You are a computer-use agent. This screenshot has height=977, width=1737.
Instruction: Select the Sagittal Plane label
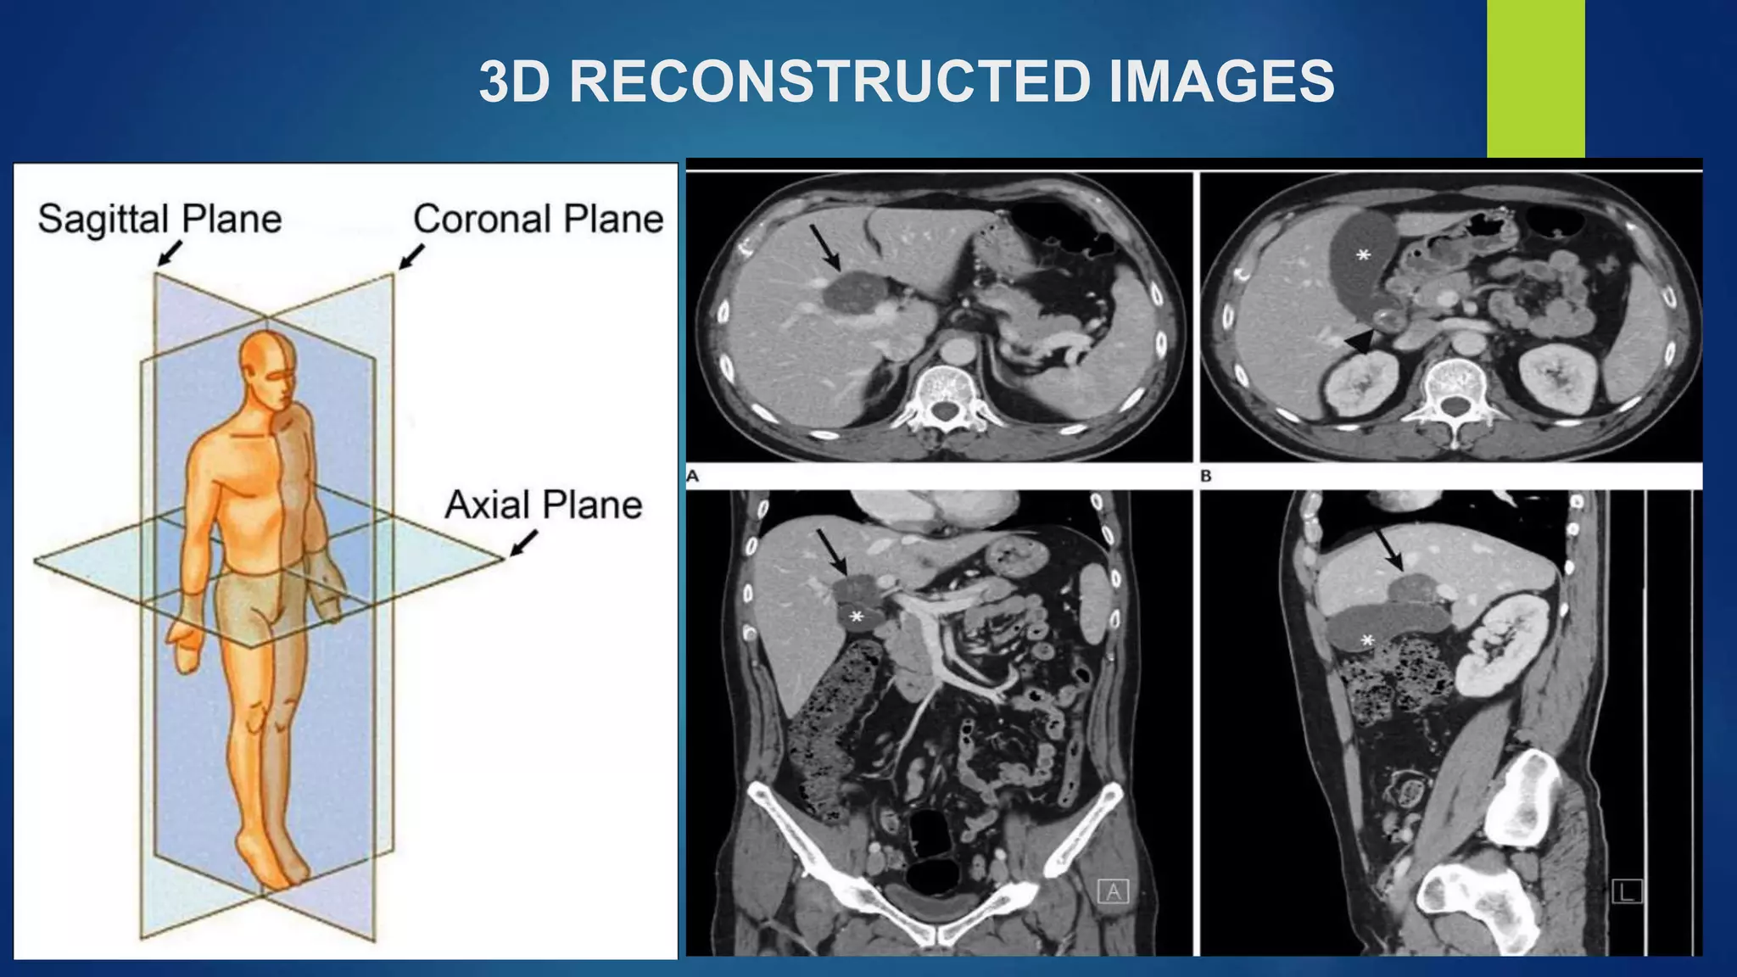coord(159,219)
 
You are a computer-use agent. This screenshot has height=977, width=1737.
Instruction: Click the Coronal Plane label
coord(538,219)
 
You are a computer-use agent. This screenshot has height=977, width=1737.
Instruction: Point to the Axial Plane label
coord(543,505)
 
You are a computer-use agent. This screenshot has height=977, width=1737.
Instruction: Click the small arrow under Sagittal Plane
coord(170,253)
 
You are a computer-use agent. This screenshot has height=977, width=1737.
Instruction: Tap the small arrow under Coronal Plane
coord(411,257)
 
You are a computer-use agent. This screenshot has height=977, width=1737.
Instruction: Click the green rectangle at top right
coord(1535,78)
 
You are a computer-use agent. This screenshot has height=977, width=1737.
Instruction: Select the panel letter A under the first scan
coord(693,477)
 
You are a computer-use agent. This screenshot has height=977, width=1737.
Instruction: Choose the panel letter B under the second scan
coord(1206,477)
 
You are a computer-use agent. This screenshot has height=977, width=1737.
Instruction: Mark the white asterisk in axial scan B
coord(1363,254)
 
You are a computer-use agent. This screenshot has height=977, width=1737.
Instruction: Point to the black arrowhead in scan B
coord(1360,340)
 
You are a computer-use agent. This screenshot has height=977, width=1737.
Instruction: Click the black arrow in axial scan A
coord(825,247)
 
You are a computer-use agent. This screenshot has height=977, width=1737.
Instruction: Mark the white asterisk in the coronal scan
coord(857,617)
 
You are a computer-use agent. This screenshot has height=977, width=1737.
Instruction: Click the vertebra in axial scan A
coord(943,394)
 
